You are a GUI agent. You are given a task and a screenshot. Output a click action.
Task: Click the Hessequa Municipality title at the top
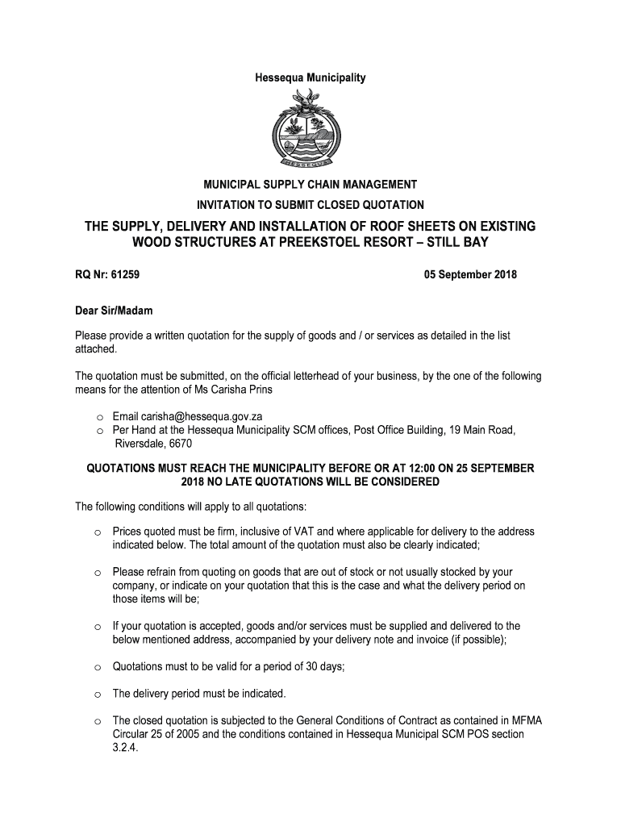tap(310, 78)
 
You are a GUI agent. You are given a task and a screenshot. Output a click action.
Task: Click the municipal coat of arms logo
tap(310, 127)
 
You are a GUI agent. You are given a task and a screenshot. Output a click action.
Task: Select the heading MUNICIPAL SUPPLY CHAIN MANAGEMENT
tap(310, 185)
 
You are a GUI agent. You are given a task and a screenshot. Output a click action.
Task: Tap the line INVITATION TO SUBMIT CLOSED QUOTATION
tap(310, 205)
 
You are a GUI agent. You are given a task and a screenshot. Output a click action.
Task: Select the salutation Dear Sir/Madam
tap(114, 311)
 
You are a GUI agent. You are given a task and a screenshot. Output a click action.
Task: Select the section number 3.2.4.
tap(126, 748)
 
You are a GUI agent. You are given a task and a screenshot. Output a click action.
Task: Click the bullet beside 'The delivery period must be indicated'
tap(96, 695)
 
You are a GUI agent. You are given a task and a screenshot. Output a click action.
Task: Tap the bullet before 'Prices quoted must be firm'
tap(96, 533)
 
